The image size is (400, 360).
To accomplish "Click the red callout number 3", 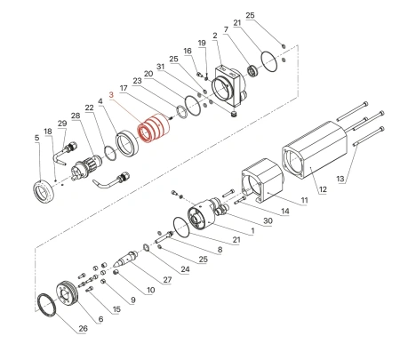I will click(x=111, y=94).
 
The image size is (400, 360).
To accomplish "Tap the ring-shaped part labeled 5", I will click(x=44, y=190).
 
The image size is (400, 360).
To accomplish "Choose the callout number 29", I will click(x=61, y=124).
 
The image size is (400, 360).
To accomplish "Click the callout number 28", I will click(x=76, y=116).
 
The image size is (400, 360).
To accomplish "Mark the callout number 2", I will click(x=215, y=35).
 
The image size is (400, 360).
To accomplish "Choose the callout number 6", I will click(x=100, y=319).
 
